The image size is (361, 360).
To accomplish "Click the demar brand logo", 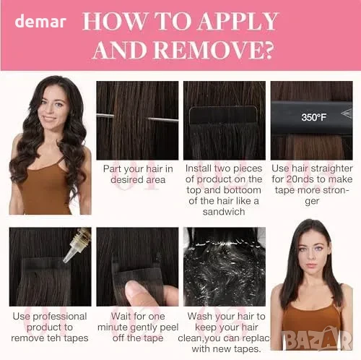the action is [40, 22].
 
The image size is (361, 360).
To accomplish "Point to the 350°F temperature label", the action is [313, 117].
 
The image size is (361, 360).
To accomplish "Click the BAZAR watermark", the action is [317, 339].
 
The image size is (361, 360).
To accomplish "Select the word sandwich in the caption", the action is [224, 212].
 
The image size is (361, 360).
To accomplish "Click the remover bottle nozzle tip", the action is [65, 261].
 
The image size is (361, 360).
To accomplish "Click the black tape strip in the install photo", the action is [223, 116].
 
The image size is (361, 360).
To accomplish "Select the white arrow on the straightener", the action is [347, 113].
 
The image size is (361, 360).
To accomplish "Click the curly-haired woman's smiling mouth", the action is [49, 119].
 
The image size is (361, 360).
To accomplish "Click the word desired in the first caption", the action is [126, 180].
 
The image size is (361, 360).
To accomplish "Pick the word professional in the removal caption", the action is [60, 317].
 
